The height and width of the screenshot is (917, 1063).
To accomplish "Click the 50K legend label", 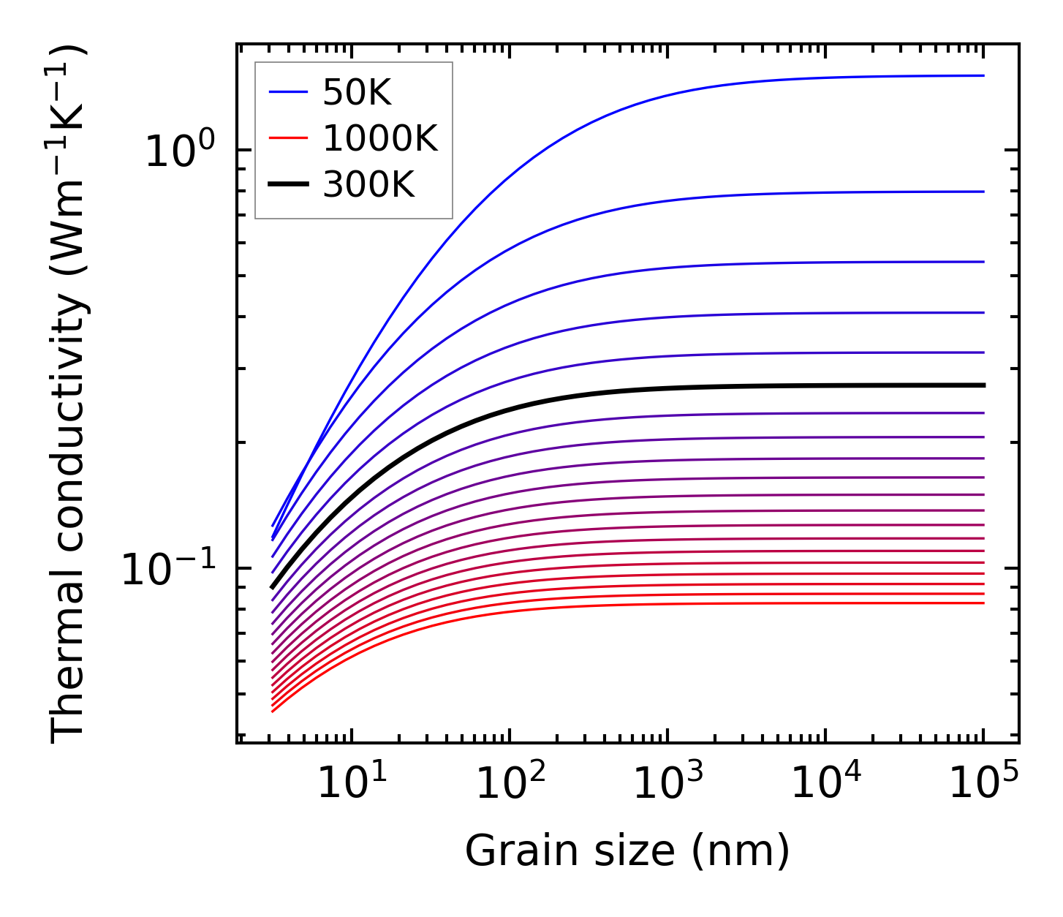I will point(358,92).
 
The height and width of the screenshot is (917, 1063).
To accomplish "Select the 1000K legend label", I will point(380,138).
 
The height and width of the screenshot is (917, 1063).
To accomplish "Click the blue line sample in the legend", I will point(290,92).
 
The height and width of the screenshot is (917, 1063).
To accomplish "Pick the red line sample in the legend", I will point(290,138).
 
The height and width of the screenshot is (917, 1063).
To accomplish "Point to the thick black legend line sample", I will point(290,185).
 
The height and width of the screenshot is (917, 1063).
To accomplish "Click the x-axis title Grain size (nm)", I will point(627,851).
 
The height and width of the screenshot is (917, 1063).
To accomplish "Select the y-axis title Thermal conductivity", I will point(69,395).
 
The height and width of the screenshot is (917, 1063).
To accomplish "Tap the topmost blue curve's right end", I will point(982,75).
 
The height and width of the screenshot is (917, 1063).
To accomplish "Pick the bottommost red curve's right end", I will point(982,603).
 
